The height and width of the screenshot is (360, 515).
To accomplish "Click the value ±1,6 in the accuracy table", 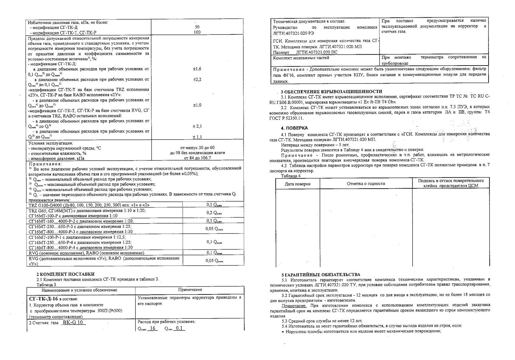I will (x=197, y=69).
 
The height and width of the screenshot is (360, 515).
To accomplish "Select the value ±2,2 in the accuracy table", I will (x=197, y=80).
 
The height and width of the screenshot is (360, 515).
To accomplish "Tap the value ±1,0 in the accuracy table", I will (x=197, y=105).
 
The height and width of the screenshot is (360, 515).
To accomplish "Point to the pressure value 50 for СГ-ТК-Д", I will (x=197, y=27).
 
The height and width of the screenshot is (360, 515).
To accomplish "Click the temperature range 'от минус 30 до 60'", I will (x=197, y=148).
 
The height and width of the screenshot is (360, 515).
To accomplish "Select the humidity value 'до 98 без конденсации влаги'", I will (x=197, y=153).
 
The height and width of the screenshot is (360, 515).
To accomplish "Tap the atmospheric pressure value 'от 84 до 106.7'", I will (x=197, y=158).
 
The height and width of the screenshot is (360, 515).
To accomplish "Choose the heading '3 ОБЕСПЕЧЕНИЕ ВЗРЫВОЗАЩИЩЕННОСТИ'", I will (x=331, y=92).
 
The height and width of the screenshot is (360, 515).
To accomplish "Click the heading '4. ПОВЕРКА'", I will (x=294, y=128).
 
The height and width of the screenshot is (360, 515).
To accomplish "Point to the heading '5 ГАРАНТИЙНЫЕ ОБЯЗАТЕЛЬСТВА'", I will (x=321, y=275).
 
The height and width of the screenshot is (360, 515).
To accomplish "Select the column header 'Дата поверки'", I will (x=298, y=184).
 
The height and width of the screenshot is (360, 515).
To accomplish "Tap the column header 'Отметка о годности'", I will (x=366, y=184).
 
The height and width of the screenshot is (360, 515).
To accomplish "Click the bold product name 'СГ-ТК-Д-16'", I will (x=43, y=299).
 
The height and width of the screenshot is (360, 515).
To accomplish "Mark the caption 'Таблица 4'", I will (x=291, y=176).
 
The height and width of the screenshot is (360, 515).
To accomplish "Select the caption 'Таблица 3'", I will (x=46, y=285).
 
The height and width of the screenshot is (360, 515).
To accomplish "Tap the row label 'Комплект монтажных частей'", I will (x=301, y=58).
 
